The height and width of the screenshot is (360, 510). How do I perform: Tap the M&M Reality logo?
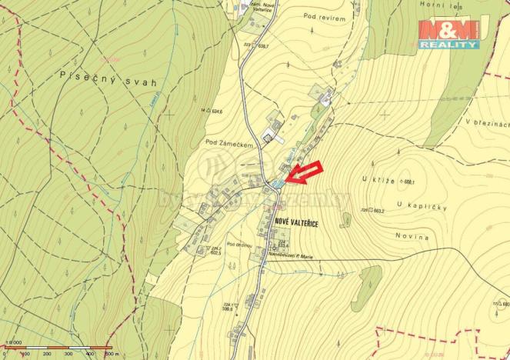tap(449, 35)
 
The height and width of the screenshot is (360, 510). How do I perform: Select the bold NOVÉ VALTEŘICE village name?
tap(296, 222)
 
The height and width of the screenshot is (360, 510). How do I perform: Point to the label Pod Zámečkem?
tap(228, 143)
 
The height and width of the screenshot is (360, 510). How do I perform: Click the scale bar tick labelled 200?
tap(47, 354)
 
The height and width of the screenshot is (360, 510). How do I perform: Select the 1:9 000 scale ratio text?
tap(12, 344)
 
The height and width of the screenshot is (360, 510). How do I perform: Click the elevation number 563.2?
tap(378, 209)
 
